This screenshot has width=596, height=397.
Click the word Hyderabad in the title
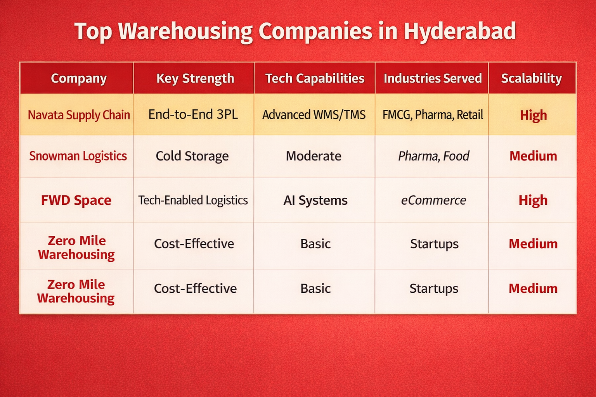click(x=460, y=31)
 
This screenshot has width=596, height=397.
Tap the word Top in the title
click(x=93, y=31)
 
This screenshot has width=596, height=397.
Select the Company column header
click(x=79, y=78)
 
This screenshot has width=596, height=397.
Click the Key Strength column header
click(x=195, y=78)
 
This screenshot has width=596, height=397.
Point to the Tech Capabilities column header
click(x=315, y=78)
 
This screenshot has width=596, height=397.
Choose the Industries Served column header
click(x=433, y=78)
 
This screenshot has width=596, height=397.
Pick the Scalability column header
click(x=532, y=78)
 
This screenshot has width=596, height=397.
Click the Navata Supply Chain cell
click(x=79, y=115)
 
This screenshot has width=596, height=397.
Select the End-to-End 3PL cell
click(x=193, y=114)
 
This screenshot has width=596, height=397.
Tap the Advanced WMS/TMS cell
click(x=314, y=115)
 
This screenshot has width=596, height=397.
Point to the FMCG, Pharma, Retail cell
click(x=433, y=115)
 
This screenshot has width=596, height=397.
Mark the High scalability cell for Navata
click(x=533, y=115)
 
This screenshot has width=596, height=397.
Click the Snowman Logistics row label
click(x=78, y=156)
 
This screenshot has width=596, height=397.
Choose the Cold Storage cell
click(x=192, y=156)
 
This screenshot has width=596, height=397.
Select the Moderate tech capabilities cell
click(x=314, y=156)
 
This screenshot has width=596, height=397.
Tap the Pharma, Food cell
click(x=433, y=156)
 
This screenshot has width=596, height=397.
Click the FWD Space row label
click(x=76, y=200)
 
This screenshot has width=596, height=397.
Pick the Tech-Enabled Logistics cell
click(x=193, y=200)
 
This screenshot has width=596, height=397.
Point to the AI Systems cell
click(x=315, y=200)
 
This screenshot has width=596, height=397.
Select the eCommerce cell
click(x=433, y=200)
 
